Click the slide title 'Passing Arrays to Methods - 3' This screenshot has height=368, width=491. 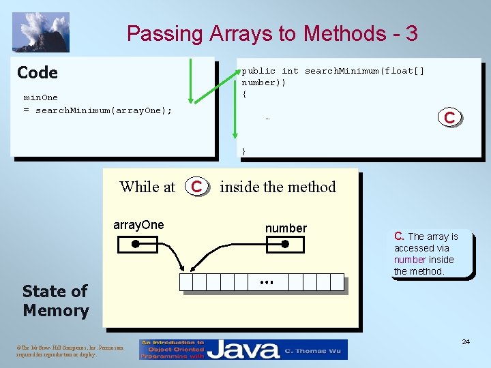coord(272,33)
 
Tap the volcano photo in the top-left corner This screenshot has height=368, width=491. coord(41,32)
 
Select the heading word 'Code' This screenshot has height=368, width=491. coord(38,72)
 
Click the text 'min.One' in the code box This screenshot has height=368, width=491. coord(41,97)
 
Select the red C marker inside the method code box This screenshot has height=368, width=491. coord(449,118)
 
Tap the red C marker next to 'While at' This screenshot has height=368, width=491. coord(196,186)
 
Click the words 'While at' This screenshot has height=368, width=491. coord(147,187)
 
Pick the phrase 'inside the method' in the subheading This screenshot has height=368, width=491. coord(278,187)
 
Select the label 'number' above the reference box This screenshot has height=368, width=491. coord(286,228)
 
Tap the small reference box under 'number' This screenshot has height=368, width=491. coord(286,245)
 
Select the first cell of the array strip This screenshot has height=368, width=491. coord(185,282)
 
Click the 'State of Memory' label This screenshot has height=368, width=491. coord(55,301)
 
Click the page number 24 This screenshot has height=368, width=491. coord(465,341)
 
